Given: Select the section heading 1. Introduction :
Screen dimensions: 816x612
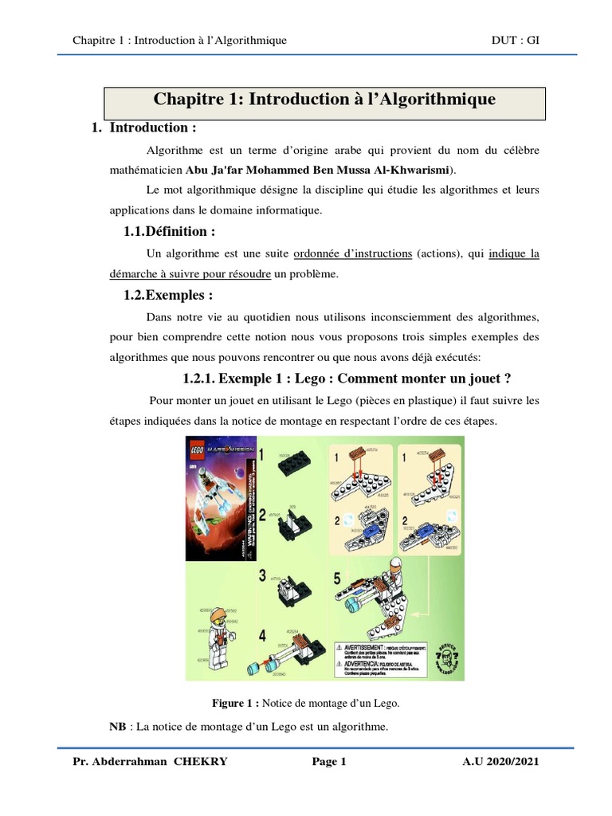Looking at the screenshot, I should [144, 127].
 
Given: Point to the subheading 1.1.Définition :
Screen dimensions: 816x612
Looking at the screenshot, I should [169, 232].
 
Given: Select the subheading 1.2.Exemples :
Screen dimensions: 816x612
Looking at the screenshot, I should [168, 295].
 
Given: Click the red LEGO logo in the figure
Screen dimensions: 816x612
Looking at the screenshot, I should [196, 447].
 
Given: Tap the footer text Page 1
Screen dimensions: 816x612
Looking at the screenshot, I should [329, 762].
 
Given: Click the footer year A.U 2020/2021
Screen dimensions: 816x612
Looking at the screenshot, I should [500, 762].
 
